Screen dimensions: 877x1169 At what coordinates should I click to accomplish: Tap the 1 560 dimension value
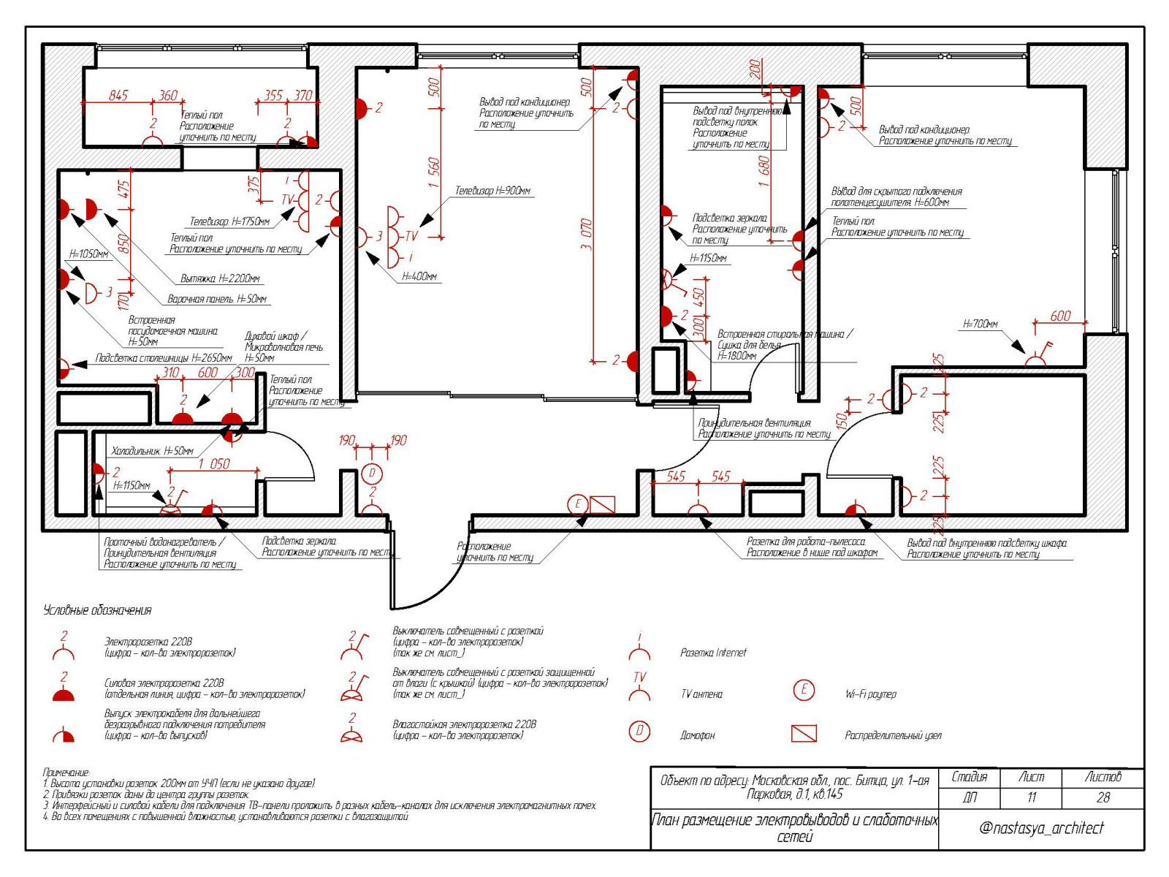coord(434,173)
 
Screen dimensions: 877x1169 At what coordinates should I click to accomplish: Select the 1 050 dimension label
coord(215,464)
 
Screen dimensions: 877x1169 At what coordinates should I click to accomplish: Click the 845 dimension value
coord(118,96)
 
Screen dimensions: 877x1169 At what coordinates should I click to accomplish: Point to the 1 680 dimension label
coord(764,172)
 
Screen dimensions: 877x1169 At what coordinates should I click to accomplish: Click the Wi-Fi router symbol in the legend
coord(804,690)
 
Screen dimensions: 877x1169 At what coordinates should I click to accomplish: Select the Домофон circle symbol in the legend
coord(639,731)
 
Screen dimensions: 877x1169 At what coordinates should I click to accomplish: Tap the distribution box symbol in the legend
coord(804,733)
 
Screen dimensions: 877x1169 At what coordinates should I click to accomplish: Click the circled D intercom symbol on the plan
coord(372,474)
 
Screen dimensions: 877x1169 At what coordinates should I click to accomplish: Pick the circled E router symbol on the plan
coord(578,504)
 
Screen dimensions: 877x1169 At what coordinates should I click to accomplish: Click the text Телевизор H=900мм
coord(493,191)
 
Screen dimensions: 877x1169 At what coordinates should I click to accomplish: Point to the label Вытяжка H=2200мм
coord(220,278)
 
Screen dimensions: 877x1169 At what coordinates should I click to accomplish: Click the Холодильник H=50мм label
coord(153,452)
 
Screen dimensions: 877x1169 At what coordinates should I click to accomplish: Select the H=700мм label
coord(980,324)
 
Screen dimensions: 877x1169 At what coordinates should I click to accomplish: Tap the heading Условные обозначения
coord(98,610)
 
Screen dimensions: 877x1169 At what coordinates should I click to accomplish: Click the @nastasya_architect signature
coord(1041,828)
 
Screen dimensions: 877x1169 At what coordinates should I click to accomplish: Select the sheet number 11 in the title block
coord(1031,797)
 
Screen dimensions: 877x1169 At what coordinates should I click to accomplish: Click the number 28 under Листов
coord(1103,797)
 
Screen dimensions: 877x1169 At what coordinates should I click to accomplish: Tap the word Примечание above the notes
coord(66,772)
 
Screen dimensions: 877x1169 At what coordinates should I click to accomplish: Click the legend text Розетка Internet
coord(713,653)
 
